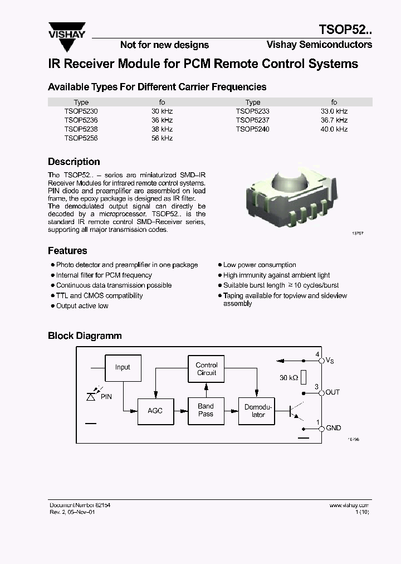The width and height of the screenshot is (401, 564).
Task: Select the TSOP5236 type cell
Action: [x=81, y=120]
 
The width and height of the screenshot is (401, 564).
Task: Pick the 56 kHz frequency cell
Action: [x=162, y=138]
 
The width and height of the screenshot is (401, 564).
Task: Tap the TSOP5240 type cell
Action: [x=252, y=129]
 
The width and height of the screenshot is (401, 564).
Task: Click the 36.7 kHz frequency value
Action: [x=334, y=120]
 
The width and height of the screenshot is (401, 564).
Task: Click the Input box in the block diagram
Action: [x=123, y=367]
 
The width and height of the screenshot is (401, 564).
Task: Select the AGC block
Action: [x=155, y=411]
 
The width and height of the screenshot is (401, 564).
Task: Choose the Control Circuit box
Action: [x=207, y=369]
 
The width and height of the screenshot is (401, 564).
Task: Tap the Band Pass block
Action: [x=206, y=410]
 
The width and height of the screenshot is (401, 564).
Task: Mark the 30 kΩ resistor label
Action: [x=289, y=378]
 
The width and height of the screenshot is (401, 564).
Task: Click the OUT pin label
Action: [x=332, y=392]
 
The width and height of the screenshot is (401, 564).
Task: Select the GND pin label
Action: [x=333, y=428]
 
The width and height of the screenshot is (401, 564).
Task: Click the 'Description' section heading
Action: [x=74, y=162]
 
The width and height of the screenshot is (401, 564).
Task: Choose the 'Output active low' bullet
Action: [x=82, y=306]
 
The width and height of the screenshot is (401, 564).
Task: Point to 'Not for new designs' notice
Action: [x=164, y=45]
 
